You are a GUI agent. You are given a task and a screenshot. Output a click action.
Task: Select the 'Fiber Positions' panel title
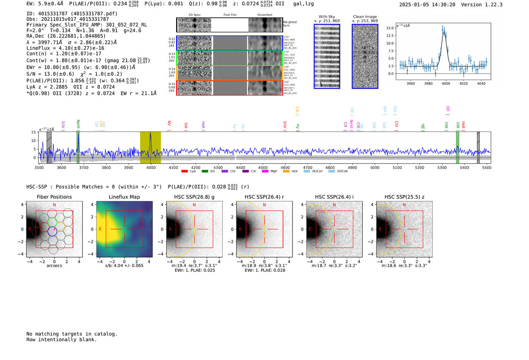[x=54, y=197]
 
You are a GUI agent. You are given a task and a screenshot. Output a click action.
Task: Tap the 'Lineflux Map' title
[x=124, y=197]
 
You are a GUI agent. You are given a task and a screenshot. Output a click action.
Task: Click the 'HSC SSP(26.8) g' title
[x=194, y=197]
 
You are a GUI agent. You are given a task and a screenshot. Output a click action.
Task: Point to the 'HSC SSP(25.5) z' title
[x=404, y=197]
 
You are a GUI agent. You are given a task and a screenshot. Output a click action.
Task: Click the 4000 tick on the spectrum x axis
[x=151, y=167]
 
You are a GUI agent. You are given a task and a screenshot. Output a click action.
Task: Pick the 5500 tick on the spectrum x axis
[x=487, y=167]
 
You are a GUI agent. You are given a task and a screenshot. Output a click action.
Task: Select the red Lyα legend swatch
[x=184, y=172]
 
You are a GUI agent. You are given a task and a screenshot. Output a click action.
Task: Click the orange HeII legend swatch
[x=286, y=172]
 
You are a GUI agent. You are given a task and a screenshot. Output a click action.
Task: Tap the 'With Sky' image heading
[x=327, y=17]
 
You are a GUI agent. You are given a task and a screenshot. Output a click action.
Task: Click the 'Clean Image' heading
[x=365, y=17]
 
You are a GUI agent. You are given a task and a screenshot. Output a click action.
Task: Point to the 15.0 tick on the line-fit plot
[x=390, y=28]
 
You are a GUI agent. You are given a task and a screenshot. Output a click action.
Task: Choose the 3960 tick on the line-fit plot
[x=411, y=83]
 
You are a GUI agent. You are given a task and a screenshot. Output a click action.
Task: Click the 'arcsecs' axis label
[x=54, y=266]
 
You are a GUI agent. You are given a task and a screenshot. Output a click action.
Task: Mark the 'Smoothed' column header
[x=264, y=15]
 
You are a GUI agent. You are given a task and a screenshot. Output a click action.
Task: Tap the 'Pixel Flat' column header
[x=230, y=15]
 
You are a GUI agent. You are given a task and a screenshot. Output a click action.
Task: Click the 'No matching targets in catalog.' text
[x=72, y=334]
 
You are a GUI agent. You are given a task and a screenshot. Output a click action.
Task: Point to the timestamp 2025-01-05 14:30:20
[x=427, y=5]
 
